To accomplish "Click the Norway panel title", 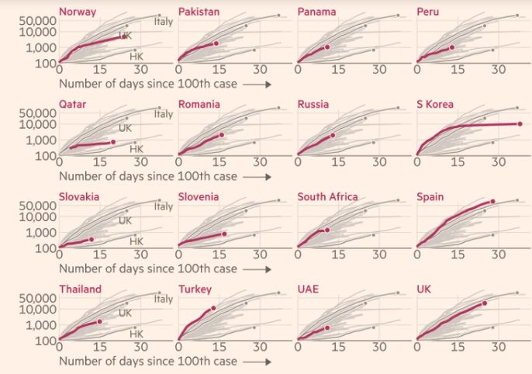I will coord(78,11).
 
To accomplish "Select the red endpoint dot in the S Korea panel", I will coord(520,123).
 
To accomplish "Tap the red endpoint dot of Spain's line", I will coord(492,202).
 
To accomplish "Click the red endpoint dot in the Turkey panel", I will coord(213,308).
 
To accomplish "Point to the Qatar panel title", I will coord(72,104).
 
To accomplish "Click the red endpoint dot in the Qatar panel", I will coord(113,141).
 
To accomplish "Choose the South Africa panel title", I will coord(327,196).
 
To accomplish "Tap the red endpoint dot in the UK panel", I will coord(485,303).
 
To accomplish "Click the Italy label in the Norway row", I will coord(163,21).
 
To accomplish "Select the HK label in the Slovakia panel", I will coord(136,241).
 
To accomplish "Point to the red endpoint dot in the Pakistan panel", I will coord(216,43).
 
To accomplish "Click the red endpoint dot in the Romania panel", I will coord(221,135).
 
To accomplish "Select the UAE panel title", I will coord(309,289).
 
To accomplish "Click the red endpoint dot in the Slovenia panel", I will coord(224,234).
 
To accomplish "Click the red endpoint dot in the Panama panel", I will coord(327,47).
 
